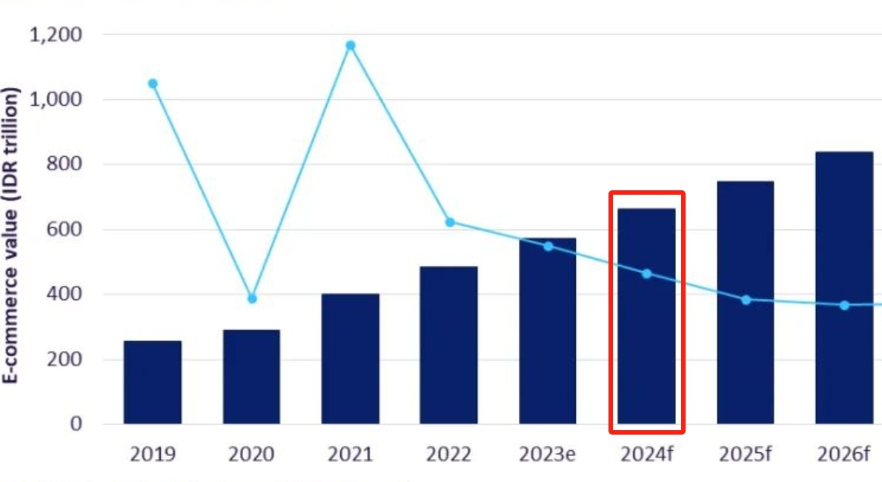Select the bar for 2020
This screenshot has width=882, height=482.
point(251,377)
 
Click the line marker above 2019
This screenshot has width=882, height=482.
point(153,84)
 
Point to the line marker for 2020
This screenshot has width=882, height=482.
point(252,298)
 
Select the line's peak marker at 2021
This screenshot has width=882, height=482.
point(351,46)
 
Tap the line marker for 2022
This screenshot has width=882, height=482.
point(450,222)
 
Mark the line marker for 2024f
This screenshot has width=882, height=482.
point(646,274)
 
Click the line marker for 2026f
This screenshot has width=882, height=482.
point(844,305)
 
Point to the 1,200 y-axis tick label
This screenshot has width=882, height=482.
point(56,35)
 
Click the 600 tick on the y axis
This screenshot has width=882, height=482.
point(64,230)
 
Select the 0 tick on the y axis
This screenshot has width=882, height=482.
point(76,424)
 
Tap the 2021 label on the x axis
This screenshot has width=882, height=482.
point(351,454)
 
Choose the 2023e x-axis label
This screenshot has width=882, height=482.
point(547,454)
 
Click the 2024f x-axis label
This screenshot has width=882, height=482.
point(646,454)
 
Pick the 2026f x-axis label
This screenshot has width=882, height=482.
point(843,454)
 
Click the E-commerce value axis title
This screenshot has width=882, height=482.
point(12,236)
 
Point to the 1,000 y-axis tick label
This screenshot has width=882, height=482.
point(56,99)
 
